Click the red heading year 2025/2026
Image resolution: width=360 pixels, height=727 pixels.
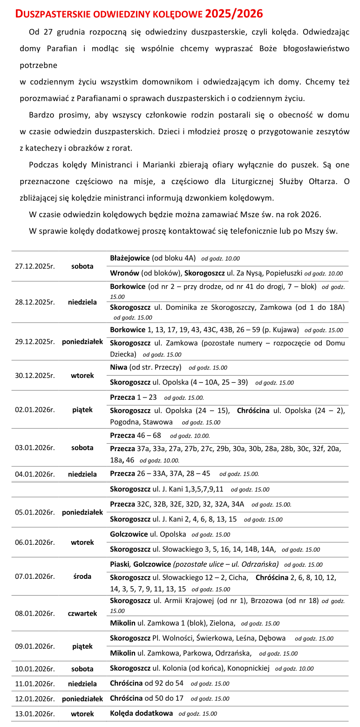234,14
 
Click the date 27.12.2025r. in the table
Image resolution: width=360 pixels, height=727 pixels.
35,267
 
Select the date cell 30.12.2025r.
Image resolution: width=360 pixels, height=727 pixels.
35,375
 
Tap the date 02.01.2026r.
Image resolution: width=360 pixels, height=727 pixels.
35,410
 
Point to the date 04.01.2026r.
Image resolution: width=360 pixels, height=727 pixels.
35,474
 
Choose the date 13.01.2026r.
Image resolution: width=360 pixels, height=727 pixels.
35,713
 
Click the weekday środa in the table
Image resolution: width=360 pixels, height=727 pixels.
82,576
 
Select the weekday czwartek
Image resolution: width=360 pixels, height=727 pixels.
82,613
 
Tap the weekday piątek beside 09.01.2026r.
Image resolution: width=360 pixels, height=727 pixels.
82,646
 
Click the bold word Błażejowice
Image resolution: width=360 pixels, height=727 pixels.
130,258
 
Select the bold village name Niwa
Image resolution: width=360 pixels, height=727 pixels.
118,368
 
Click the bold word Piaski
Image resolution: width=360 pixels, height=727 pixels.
120,564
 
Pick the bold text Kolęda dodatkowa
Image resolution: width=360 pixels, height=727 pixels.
141,713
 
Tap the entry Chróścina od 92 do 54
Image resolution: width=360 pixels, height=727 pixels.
147,683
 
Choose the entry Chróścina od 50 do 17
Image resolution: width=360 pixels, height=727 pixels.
147,698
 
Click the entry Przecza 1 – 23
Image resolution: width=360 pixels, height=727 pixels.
127,398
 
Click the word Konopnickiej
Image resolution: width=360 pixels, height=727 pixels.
248,668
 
